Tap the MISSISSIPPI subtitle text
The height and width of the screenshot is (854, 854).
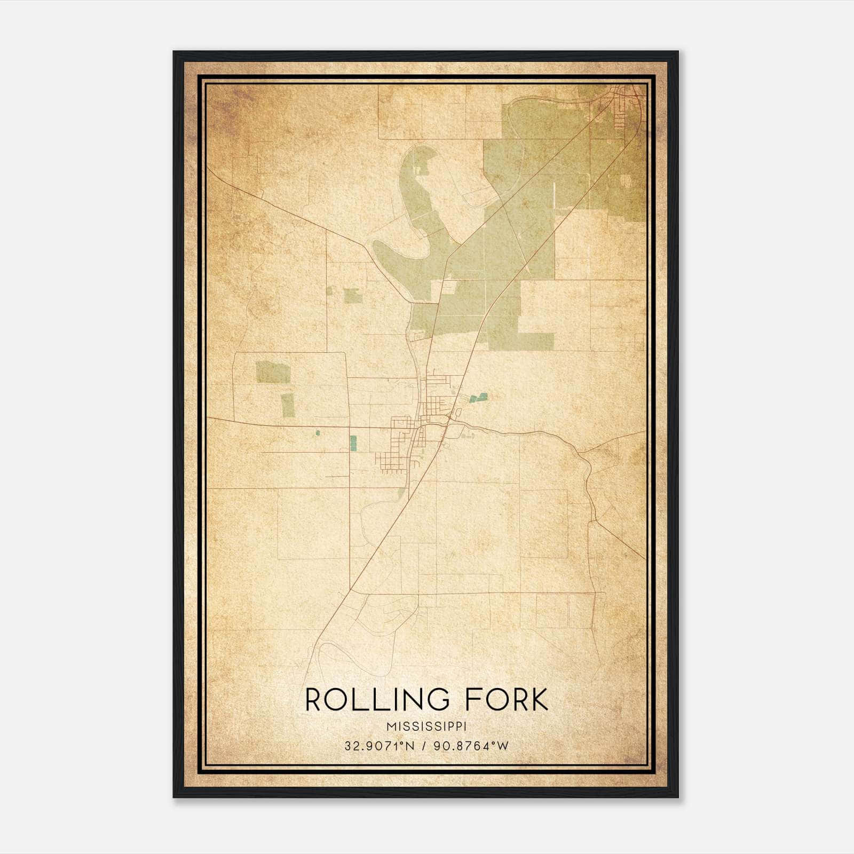[426, 727]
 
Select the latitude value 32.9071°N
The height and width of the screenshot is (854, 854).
[379, 746]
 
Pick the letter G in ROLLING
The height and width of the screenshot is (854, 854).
[442, 700]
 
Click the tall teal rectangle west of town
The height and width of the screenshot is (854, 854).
[353, 442]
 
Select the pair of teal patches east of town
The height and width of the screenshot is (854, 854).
[479, 397]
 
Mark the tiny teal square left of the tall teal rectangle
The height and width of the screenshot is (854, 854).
[318, 433]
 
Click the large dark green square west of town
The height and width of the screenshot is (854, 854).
[273, 372]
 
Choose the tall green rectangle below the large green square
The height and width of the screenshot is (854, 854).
[288, 405]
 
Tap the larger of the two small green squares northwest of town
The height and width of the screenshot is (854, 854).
[353, 296]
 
